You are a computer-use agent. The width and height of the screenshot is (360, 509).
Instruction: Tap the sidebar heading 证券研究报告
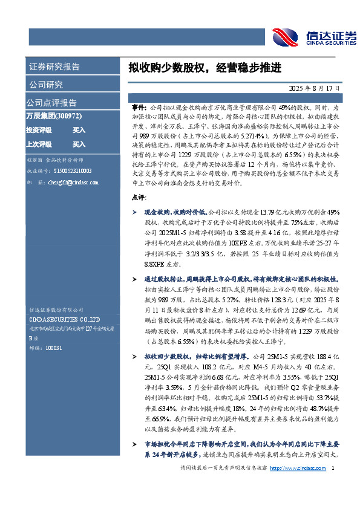(54, 66)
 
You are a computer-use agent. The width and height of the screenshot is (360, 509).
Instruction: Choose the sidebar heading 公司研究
(45, 85)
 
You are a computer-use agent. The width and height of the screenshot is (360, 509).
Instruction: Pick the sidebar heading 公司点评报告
(51, 103)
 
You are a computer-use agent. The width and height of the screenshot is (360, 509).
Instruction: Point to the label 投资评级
(39, 130)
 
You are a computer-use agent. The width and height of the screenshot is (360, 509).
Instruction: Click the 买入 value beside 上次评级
(79, 144)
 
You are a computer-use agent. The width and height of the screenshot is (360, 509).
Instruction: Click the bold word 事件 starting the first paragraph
(138, 105)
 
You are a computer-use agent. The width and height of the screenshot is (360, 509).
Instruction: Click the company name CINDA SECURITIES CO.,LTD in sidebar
(65, 319)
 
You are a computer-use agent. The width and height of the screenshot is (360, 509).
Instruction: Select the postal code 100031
(54, 348)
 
